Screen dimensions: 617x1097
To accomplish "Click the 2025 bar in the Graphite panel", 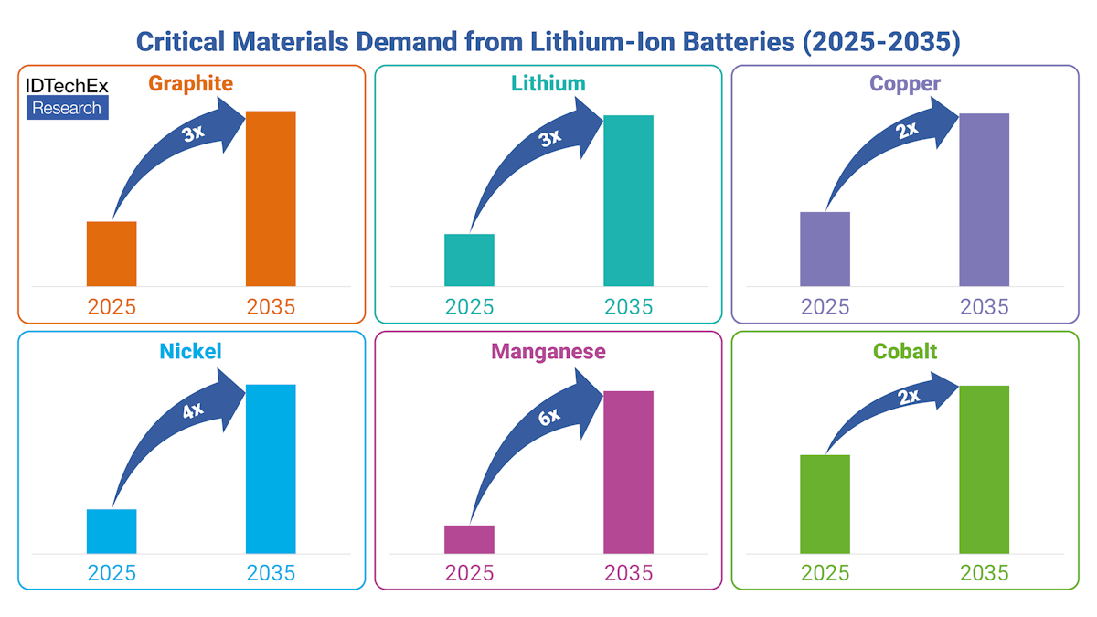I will (112, 253).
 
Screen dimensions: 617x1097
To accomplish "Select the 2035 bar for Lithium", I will (628, 200).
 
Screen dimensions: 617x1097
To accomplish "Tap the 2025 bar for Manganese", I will (469, 539).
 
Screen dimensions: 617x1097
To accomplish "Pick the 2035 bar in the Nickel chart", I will (271, 469).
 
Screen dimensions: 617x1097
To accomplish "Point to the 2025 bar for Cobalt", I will (825, 504).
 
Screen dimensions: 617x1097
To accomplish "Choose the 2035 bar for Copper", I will (984, 199).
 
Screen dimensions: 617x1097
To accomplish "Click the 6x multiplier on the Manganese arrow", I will (548, 417).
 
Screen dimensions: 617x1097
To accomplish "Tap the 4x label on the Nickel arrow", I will (192, 410).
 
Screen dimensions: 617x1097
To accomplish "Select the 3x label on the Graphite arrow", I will (192, 133).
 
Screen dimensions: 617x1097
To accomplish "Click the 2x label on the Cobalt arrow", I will (908, 397).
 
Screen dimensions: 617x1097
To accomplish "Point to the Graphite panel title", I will (191, 84).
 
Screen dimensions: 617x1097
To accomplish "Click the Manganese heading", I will (548, 352).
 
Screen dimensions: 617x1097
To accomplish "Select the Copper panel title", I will (905, 84).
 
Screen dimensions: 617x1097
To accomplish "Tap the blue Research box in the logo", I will (68, 108).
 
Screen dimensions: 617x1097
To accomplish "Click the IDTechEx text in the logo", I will (68, 86).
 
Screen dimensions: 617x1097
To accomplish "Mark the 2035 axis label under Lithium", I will (628, 306).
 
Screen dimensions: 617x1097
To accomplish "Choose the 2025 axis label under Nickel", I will (112, 573).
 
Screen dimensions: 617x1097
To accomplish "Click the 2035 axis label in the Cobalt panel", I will (984, 573).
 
